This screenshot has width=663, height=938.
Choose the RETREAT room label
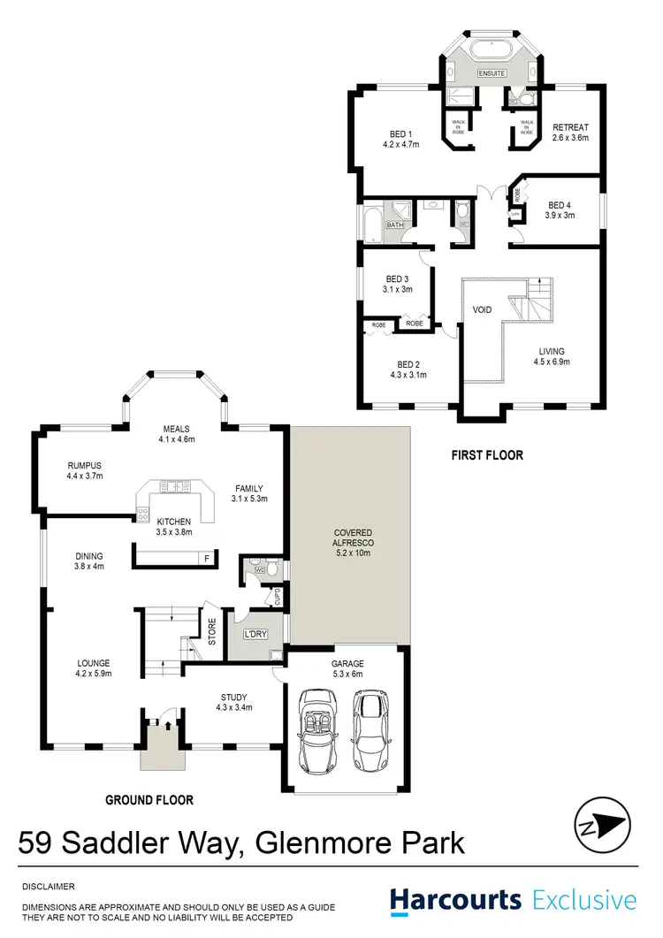tap(569, 126)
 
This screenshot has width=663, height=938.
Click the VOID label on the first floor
tap(482, 310)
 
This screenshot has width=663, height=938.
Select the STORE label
tap(212, 636)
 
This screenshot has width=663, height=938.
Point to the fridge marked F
tap(207, 559)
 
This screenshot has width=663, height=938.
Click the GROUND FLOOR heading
tap(149, 800)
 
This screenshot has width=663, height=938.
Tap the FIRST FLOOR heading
tap(486, 455)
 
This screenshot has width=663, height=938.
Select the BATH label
tap(393, 225)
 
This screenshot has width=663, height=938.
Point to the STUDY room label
tap(234, 697)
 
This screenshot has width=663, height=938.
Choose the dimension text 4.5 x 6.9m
tap(557, 362)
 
